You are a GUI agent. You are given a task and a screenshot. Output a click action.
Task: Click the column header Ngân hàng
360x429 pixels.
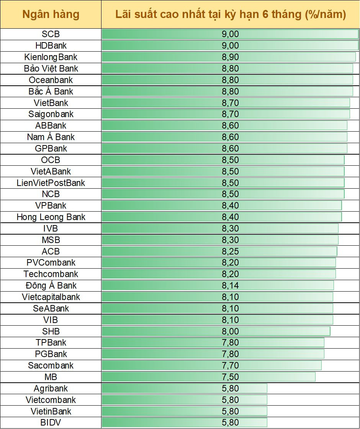coord(51,15)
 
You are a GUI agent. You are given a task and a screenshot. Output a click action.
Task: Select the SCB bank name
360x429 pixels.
coord(51,34)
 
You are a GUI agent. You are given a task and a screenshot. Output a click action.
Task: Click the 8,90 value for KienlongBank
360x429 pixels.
coord(230,57)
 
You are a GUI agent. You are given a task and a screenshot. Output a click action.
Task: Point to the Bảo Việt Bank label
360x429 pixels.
coord(51,69)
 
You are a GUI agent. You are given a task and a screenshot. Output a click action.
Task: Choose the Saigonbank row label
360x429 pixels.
coord(51,114)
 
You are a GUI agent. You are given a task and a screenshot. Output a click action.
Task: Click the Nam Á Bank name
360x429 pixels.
coord(51,137)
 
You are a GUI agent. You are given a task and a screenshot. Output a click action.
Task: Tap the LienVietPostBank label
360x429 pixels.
coord(51,183)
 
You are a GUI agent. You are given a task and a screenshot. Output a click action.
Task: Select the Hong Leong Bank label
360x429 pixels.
coord(51,217)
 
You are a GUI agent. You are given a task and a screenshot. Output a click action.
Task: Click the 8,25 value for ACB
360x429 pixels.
coord(230,251)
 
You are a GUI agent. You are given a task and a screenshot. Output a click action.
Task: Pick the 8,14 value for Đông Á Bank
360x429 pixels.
coord(230,285)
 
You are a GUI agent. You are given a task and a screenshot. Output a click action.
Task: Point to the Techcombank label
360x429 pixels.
coord(51,274)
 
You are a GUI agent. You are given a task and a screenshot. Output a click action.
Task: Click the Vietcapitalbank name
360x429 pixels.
coord(51,297)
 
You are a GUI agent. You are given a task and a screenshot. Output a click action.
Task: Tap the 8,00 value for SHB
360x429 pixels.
coord(230,331)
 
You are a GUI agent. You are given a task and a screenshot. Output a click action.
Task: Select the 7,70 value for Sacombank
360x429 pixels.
coord(230,365)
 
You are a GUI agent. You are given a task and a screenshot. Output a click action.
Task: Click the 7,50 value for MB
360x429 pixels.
coord(230,377)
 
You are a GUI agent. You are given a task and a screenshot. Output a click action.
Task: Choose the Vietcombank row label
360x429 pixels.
coord(51,400)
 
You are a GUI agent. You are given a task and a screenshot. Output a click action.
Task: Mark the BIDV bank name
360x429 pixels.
coord(51,423)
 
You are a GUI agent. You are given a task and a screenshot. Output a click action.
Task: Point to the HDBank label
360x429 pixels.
coord(51,46)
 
